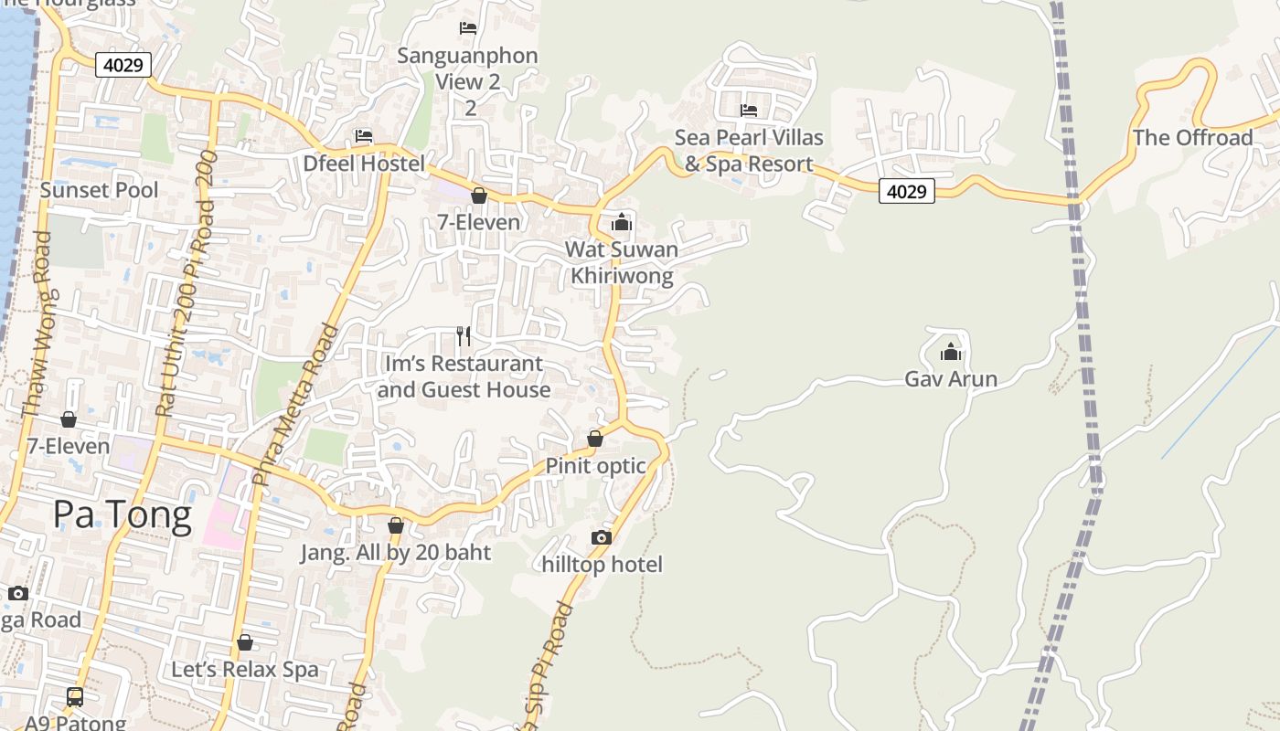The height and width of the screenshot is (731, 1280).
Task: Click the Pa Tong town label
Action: tap(122, 515)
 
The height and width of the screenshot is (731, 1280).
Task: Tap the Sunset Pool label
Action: tap(99, 190)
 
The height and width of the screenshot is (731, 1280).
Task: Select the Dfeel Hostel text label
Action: tap(364, 164)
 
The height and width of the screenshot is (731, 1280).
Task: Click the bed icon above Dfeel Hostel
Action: tap(364, 136)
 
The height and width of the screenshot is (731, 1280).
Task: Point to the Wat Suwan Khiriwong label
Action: tap(622, 262)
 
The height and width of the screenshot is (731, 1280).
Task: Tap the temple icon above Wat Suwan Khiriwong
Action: tap(622, 222)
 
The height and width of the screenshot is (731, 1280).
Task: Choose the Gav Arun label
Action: tap(951, 378)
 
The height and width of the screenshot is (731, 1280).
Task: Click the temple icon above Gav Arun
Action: tap(951, 352)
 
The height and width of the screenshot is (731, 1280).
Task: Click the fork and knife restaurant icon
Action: tap(464, 336)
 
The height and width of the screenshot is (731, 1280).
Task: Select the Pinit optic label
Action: tap(595, 466)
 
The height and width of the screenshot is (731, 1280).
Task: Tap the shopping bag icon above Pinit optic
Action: tap(595, 439)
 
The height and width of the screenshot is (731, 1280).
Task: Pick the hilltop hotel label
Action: tap(602, 565)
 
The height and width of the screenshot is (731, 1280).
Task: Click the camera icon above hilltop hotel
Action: tap(601, 537)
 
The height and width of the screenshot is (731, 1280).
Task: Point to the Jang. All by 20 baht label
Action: tap(396, 552)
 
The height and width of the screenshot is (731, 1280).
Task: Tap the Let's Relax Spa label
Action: tap(245, 669)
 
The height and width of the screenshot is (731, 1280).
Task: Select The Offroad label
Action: tap(1192, 138)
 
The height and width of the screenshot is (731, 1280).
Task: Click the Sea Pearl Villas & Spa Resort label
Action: tap(749, 151)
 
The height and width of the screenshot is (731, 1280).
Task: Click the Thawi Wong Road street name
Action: tap(36, 325)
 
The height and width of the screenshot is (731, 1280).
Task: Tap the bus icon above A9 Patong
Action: tap(75, 697)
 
